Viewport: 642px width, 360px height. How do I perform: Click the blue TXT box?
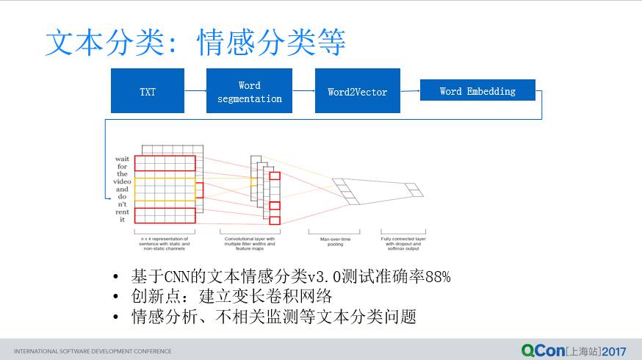148,91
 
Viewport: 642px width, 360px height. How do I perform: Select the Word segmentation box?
249,91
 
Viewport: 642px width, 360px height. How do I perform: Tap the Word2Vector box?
357,91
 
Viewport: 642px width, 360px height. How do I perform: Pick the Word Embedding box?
477,90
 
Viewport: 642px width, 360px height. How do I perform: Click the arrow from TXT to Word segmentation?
195,91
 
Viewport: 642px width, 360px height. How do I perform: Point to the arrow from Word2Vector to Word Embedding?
410,91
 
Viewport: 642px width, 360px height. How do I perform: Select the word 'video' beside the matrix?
121,181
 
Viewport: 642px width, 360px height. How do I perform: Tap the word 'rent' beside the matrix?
121,212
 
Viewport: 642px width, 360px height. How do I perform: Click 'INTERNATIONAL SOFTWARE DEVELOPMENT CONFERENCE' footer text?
93,351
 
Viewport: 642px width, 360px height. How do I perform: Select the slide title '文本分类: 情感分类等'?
195,43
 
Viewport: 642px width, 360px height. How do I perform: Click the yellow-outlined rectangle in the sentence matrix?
165,189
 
